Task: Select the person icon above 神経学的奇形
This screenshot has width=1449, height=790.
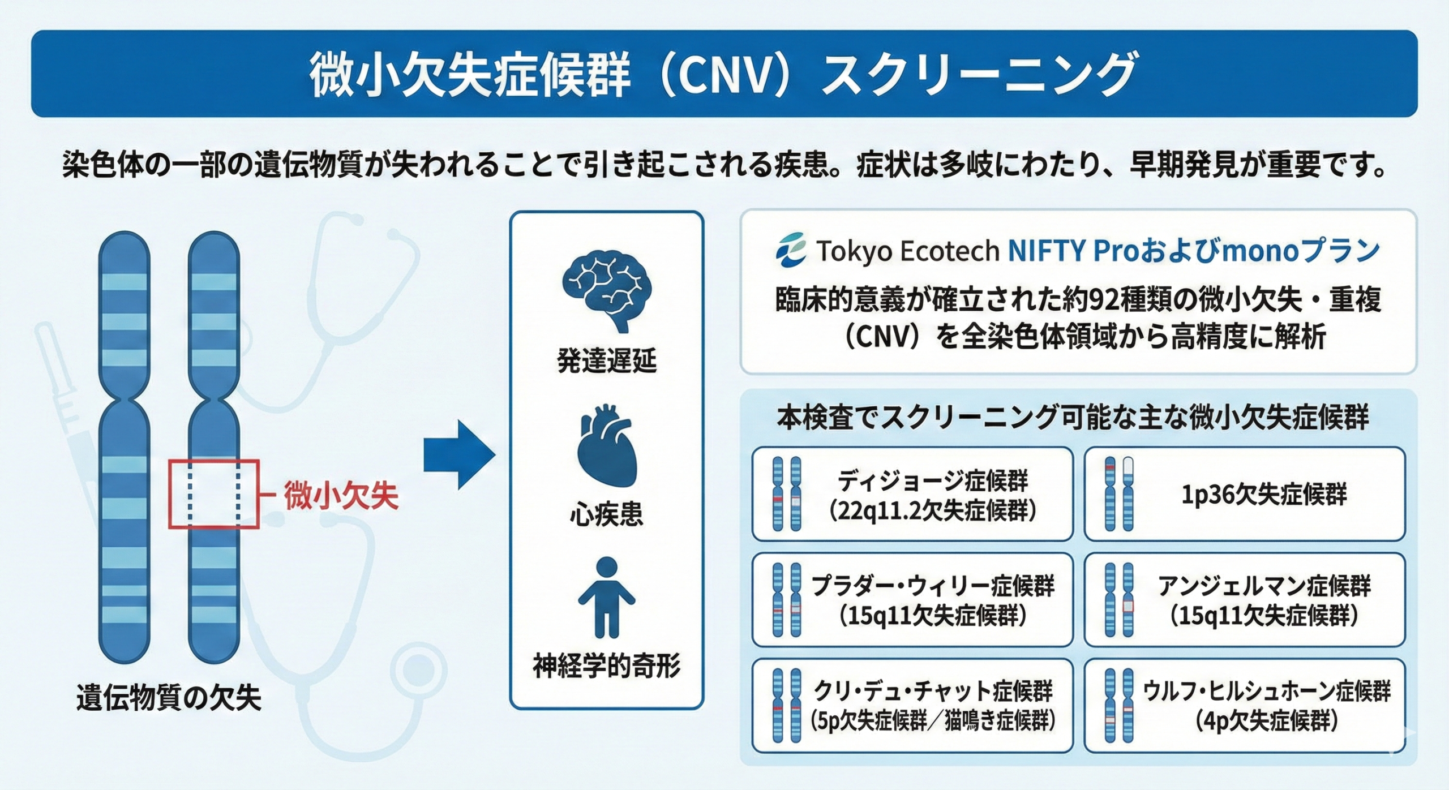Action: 606,597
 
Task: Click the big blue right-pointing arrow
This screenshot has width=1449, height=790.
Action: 459,454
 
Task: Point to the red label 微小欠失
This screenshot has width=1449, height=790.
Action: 341,496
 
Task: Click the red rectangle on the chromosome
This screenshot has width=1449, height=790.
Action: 214,494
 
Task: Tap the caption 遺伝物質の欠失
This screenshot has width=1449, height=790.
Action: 169,698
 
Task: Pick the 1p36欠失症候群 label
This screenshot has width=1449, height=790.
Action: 1264,495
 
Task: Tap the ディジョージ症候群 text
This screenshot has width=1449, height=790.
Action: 932,481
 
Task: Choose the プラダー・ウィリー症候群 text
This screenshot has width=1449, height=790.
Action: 933,586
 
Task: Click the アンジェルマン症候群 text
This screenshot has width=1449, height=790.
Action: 1264,586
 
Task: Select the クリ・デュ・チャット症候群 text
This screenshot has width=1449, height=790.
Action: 933,692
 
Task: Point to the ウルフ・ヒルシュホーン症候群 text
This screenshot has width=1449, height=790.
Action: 1266,692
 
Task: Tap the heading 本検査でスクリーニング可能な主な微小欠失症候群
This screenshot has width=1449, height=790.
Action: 1073,418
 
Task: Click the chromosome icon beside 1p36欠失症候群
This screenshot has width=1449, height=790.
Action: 1120,494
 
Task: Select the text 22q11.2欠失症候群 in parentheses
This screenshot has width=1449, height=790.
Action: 933,511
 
